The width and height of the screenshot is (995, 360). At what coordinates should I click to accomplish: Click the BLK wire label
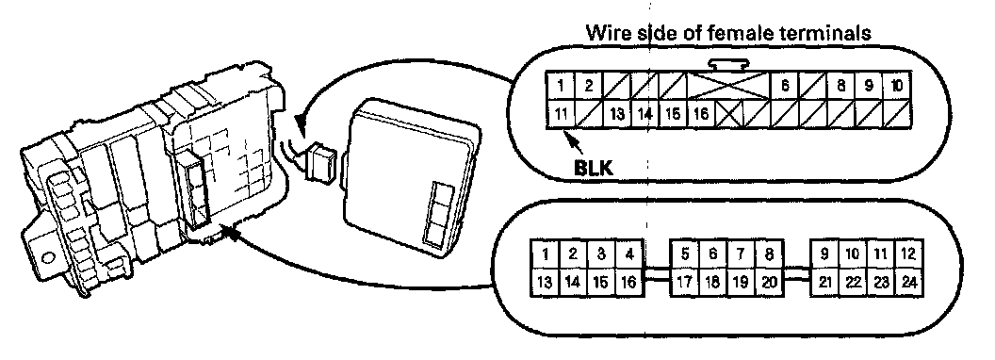tap(594, 168)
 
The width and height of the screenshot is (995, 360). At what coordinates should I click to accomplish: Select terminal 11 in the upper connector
tap(561, 115)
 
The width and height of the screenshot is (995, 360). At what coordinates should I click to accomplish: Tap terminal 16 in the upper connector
tap(701, 115)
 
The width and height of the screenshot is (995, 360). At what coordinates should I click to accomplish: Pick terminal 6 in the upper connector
tap(785, 86)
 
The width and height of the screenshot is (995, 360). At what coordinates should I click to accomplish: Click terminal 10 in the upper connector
tap(897, 86)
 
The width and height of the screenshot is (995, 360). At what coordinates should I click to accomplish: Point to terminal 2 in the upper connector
tap(589, 86)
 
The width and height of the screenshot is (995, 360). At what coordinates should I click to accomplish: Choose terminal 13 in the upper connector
tap(617, 115)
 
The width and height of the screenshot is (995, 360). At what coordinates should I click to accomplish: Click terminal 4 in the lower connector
tap(628, 254)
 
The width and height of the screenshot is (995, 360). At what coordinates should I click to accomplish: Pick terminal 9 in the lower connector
tap(824, 254)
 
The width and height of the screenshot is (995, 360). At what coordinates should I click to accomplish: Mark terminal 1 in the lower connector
tap(546, 254)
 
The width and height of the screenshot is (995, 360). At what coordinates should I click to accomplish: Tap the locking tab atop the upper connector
tap(728, 64)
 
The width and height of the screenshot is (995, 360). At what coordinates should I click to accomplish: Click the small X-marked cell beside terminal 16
tap(729, 115)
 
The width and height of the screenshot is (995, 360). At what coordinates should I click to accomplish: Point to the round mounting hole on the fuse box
tap(48, 257)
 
